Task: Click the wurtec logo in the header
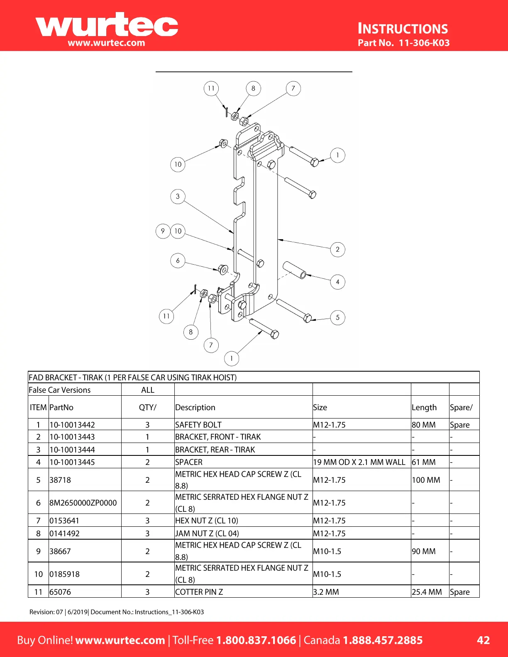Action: tap(107, 26)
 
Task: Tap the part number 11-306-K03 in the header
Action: tap(424, 43)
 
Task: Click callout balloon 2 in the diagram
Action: tap(337, 249)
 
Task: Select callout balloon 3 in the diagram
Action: tap(178, 196)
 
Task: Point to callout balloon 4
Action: tap(337, 282)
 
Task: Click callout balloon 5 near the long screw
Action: tap(337, 317)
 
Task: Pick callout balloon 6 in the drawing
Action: tap(178, 260)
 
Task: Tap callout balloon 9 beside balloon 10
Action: tap(163, 231)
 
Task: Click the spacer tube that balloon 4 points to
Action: tap(294, 270)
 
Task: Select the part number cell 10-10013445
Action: tap(72, 462)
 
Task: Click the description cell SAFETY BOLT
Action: tap(198, 425)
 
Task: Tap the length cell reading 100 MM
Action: tap(426, 480)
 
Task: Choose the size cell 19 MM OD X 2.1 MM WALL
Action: tap(359, 462)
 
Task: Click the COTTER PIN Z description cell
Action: tap(199, 592)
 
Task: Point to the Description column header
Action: tap(195, 407)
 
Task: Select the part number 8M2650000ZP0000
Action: tap(83, 503)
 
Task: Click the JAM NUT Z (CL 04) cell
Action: tap(207, 533)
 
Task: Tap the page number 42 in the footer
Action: tap(483, 640)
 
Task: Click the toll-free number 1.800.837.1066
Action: tap(256, 640)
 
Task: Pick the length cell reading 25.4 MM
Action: tap(427, 592)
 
